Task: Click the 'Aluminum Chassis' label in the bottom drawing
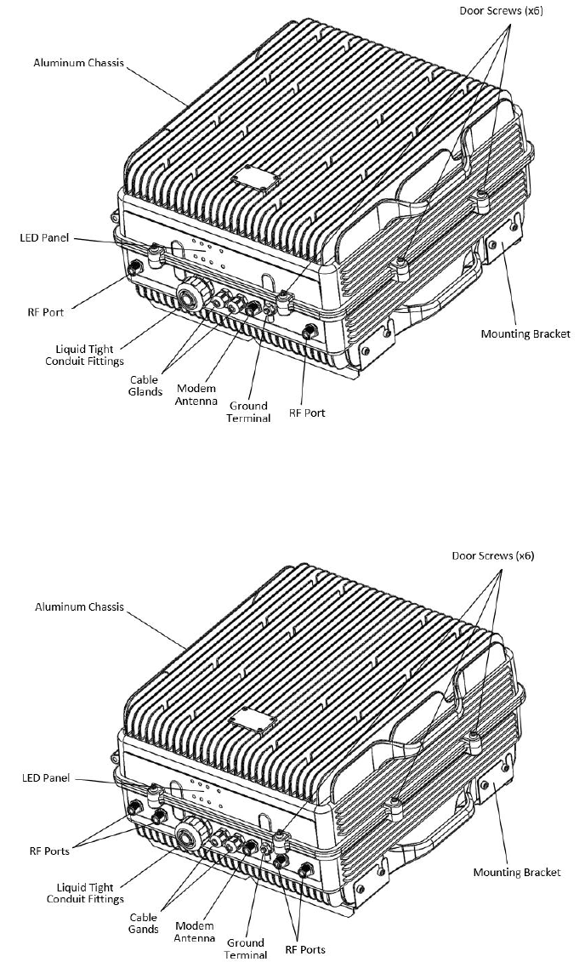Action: point(79,607)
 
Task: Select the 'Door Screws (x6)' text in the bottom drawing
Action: point(493,555)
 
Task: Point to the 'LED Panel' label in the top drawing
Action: point(44,237)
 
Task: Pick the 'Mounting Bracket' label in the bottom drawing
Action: point(517,872)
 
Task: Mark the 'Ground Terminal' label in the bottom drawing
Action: point(245,948)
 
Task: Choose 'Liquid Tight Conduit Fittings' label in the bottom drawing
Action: point(85,893)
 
